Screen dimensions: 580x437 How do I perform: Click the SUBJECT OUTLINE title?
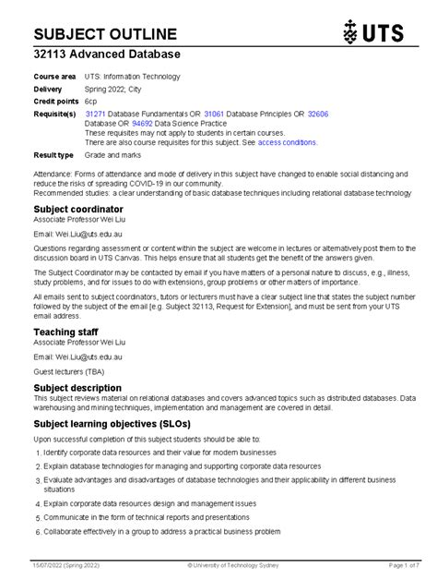click(x=105, y=34)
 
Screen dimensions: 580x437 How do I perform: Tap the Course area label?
click(x=54, y=77)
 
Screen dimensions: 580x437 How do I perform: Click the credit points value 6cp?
click(x=90, y=101)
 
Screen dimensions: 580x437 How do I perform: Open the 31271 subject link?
click(x=96, y=114)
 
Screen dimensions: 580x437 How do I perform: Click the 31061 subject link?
click(x=215, y=114)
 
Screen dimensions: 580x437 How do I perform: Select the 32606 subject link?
click(x=316, y=114)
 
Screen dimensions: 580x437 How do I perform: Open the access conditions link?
click(x=288, y=143)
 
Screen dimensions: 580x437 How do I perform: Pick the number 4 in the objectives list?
click(x=38, y=504)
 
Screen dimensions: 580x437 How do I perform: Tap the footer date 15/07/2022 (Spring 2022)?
click(x=68, y=563)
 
